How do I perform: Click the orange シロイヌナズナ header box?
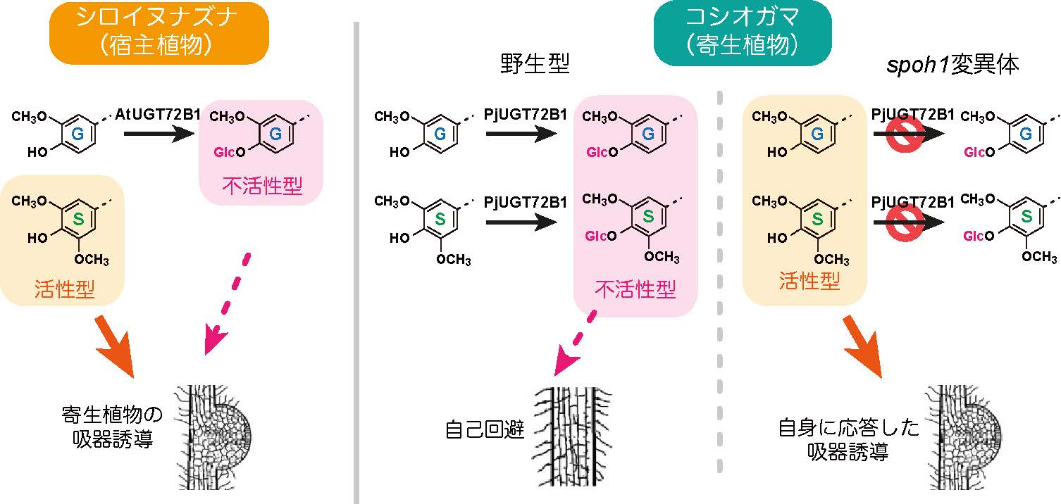click(159, 33)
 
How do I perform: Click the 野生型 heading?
click(533, 65)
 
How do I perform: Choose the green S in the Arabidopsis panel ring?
click(79, 219)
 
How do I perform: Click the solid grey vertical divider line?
click(356, 260)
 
